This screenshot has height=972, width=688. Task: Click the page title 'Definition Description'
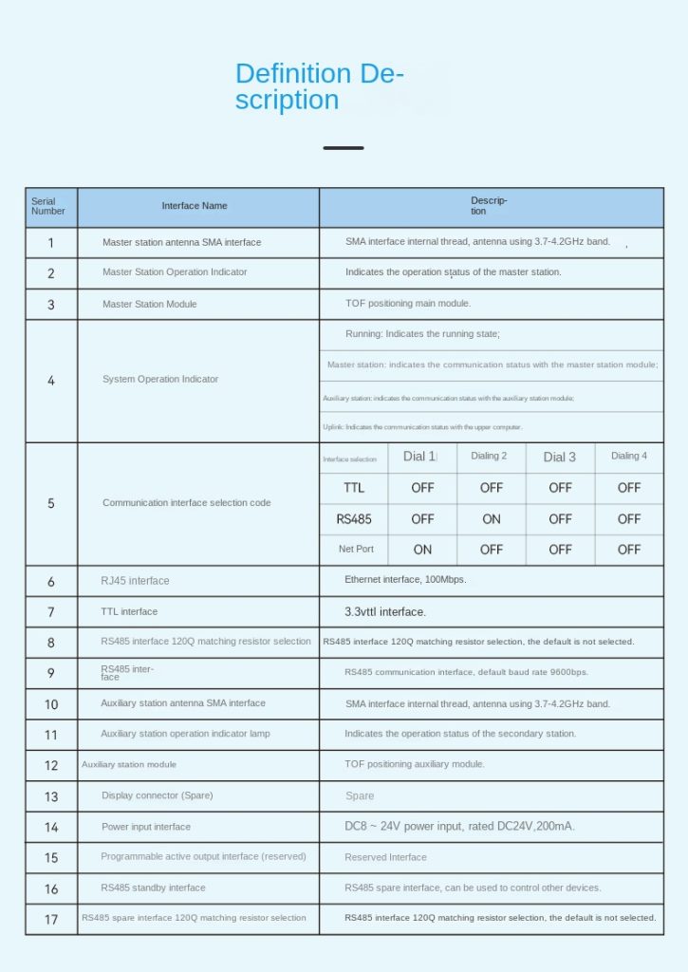319,86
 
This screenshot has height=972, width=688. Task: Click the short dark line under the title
343,148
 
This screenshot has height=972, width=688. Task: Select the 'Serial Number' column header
48,206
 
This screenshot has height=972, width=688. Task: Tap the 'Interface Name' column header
195,206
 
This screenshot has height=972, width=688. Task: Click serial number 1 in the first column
51,243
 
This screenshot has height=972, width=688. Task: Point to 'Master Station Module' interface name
150,304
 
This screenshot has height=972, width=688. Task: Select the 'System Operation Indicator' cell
160,380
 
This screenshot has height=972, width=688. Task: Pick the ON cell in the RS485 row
492,519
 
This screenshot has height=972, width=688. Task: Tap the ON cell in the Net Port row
422,550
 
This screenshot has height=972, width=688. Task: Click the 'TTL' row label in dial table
354,488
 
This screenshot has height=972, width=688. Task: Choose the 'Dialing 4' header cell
629,457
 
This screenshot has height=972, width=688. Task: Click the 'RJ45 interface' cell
135,581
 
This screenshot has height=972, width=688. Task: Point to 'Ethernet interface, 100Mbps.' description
405,579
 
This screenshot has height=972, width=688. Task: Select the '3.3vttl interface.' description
385,612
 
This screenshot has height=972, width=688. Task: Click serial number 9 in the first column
51,674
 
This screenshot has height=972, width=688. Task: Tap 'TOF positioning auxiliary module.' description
415,764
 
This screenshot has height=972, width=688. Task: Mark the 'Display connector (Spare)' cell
158,795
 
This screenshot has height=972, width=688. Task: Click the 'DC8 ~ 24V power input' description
459,827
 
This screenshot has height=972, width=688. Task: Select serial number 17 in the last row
51,920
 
